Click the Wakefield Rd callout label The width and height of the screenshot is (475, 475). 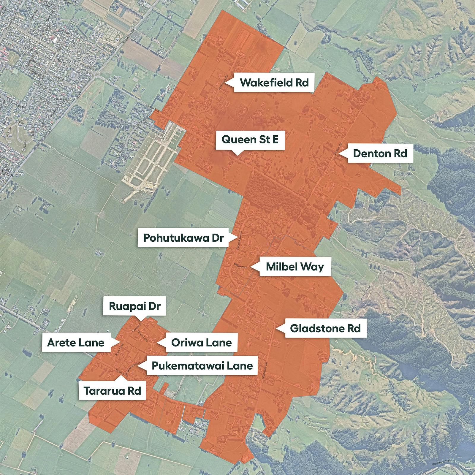point(274,83)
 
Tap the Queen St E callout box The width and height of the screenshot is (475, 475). point(250,139)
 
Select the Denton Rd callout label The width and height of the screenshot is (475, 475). point(380,153)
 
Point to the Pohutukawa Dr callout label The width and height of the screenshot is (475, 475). point(183,238)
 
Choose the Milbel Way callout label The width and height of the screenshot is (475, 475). point(294,267)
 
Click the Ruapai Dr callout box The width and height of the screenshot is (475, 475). point(134,306)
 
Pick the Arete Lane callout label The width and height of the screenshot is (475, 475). point(76,343)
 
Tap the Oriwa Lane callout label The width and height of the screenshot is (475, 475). point(201,343)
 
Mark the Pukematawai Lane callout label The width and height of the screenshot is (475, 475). point(202,366)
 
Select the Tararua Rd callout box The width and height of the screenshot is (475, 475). point(112,391)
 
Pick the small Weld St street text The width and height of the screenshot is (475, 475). point(57,78)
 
